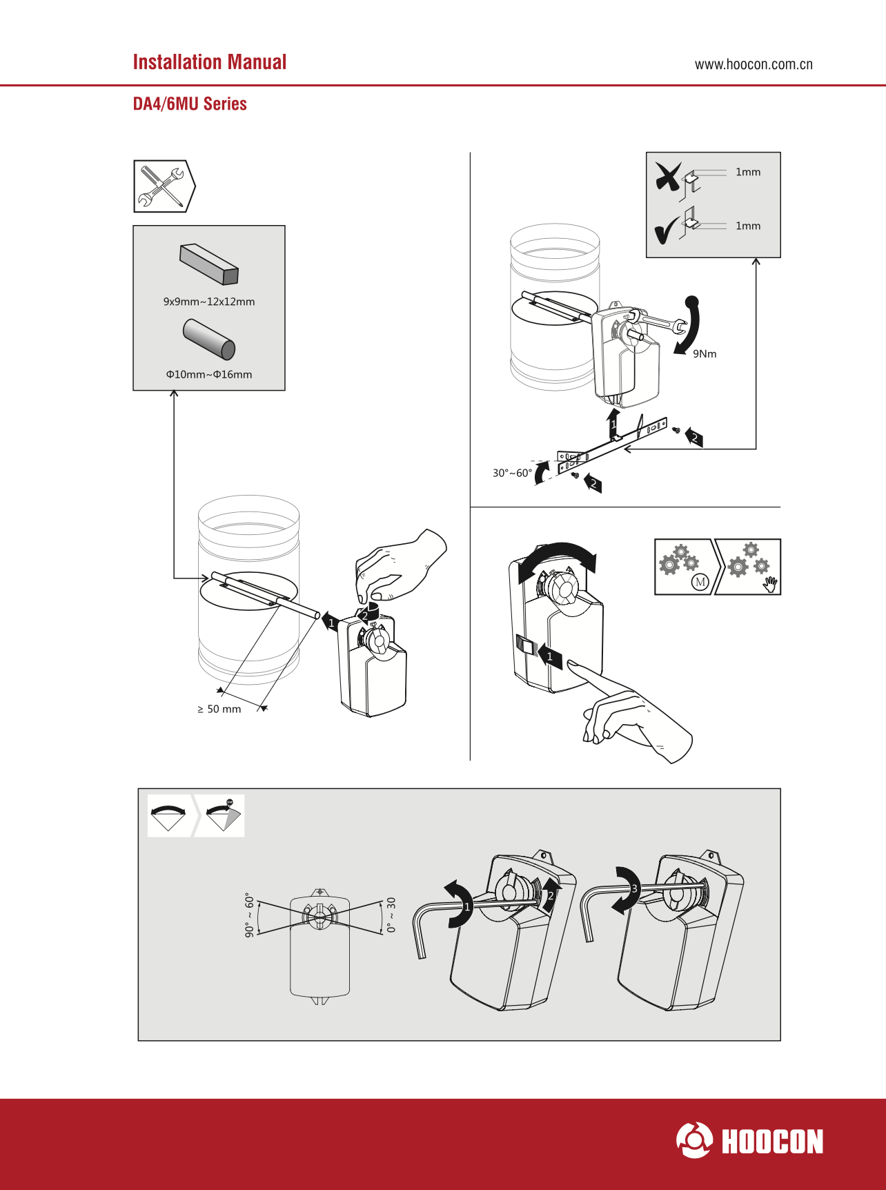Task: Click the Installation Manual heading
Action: coord(210,62)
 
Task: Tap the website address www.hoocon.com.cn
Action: coord(754,65)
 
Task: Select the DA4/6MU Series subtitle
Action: coord(190,104)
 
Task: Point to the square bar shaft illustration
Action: coord(209,264)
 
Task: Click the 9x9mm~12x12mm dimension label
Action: coord(209,302)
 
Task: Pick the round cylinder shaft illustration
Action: coord(209,339)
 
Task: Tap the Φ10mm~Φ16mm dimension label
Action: coord(209,375)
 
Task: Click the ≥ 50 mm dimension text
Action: coord(219,709)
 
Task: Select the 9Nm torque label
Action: coord(705,354)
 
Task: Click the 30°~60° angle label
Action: coord(512,473)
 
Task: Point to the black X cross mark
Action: coord(668,177)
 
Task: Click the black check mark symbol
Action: coord(667,231)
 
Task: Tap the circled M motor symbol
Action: coord(700,582)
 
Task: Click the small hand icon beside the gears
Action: coord(771,584)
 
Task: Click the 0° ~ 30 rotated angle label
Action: coord(391,915)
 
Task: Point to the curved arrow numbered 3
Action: coord(627,890)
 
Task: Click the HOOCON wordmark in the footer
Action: coord(772,1142)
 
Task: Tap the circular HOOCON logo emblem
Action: coord(694,1140)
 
